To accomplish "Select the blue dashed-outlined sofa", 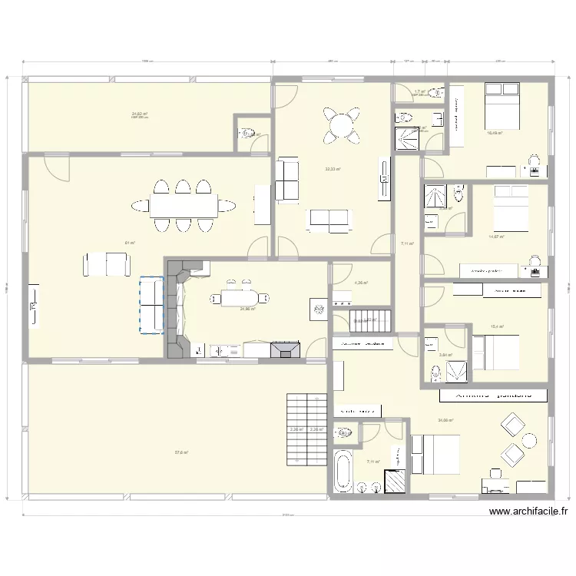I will coord(151,306).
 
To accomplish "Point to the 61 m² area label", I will coord(130,243).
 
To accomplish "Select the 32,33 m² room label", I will coord(333,170).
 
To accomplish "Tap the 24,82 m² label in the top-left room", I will coord(140,114).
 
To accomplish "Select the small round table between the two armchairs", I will coord(528,440).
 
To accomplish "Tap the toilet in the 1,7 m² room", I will coord(438,93).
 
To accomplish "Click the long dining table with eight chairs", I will coord(183,205).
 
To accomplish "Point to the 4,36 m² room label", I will coord(361,283).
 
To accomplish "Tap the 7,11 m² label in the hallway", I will coord(407,244).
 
